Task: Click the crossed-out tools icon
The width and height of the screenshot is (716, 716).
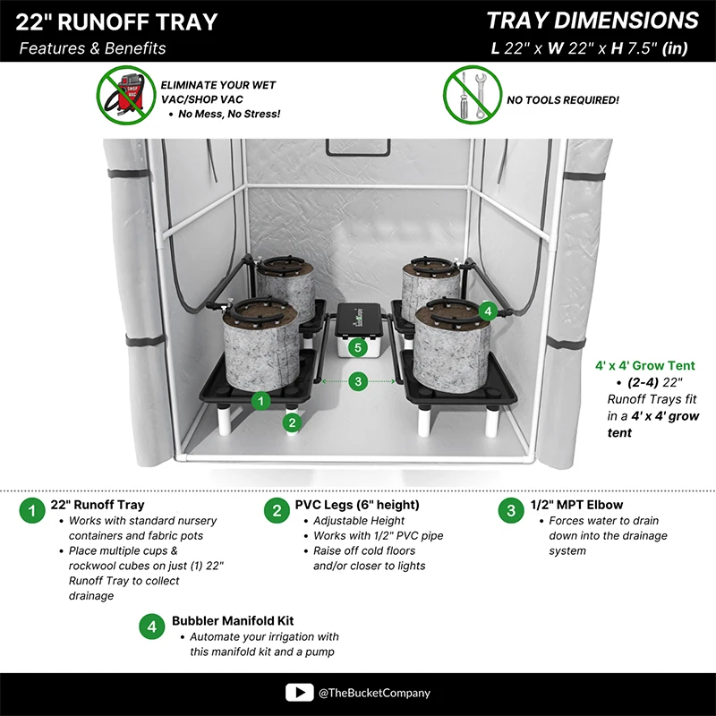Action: point(471,95)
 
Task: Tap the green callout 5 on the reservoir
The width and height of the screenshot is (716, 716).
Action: point(358,346)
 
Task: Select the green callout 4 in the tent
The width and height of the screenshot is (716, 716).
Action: point(487,311)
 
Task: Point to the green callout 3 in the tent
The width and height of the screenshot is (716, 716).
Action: point(358,381)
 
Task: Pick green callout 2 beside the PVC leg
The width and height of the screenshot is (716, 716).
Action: point(291,422)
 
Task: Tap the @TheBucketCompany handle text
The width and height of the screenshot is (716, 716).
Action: point(373,693)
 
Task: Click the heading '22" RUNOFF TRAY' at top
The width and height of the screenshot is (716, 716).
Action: point(116,22)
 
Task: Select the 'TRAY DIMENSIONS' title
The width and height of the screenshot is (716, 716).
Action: point(592,21)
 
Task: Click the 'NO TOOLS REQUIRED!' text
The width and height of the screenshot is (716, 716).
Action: point(562,100)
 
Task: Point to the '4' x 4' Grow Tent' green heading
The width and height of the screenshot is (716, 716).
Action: point(644,365)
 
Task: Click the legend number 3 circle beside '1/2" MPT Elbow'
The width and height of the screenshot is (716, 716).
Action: point(511,511)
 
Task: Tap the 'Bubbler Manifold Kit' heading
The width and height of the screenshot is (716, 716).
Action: point(233,620)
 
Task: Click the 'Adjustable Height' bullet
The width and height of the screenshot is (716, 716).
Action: point(359,521)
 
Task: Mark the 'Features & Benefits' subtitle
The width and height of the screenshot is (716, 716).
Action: point(92,48)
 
